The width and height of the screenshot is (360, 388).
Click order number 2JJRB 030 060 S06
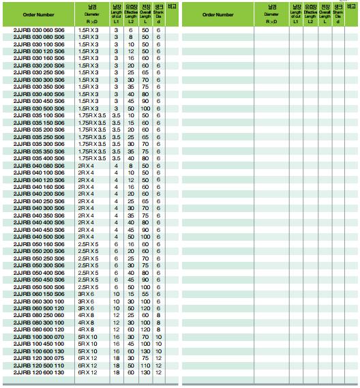40,30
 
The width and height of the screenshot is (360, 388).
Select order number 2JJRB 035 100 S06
40,116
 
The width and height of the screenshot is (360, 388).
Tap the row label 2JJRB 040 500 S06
40,237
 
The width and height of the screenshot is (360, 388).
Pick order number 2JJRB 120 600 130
40,372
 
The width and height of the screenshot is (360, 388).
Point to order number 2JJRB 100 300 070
40,336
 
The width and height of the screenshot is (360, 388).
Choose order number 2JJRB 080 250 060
40,315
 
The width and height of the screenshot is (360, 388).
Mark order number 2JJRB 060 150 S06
40,294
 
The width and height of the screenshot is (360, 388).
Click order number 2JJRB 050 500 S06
40,286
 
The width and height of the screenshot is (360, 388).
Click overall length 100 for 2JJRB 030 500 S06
145,108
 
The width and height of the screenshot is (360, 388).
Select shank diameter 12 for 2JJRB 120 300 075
158,358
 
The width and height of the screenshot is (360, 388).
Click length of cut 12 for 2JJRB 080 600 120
116,329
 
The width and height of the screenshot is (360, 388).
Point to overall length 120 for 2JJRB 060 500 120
145,308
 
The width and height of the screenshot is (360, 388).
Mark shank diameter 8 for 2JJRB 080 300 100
158,322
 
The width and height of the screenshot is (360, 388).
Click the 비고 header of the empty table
352,6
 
